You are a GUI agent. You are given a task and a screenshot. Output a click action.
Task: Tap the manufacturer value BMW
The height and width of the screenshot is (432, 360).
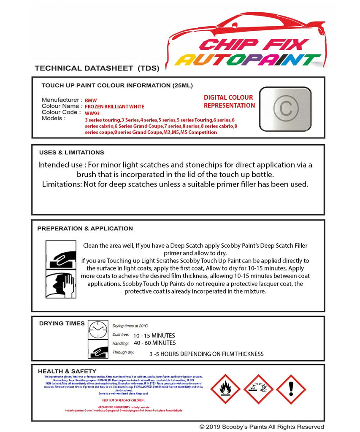[91, 101]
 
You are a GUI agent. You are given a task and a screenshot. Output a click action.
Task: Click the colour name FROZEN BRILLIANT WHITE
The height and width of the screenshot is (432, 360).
[114, 107]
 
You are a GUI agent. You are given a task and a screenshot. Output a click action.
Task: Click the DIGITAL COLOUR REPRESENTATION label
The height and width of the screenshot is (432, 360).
[229, 102]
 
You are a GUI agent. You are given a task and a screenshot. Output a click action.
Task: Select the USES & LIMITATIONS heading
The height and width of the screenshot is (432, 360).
[71, 152]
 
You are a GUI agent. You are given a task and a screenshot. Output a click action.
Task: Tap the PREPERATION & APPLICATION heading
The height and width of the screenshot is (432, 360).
[85, 228]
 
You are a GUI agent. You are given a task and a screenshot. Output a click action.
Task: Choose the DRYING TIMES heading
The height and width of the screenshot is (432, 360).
[62, 323]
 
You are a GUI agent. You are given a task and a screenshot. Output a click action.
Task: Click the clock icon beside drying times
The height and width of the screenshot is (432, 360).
[98, 329]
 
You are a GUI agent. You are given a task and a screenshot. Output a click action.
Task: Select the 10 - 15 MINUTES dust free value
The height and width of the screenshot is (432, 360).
[154, 335]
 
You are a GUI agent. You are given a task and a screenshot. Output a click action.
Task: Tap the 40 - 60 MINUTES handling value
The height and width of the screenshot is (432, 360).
[154, 343]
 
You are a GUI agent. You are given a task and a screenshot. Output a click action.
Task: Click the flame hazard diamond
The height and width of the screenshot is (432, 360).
[225, 389]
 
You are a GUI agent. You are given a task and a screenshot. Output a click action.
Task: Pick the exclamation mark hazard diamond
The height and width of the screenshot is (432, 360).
[291, 389]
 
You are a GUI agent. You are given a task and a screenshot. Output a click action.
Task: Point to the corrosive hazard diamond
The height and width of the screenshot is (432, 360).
[258, 389]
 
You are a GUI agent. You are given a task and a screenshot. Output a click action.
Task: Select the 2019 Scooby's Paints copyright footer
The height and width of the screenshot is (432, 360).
[262, 427]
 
